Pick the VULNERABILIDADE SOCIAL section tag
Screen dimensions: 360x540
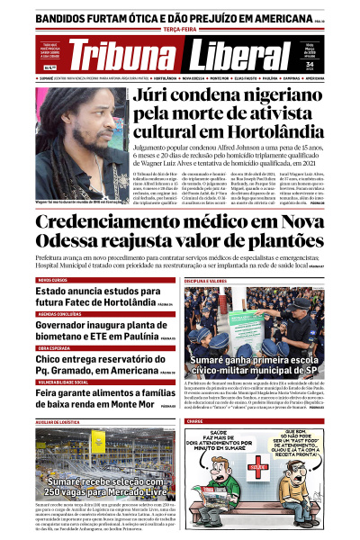(65, 381)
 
